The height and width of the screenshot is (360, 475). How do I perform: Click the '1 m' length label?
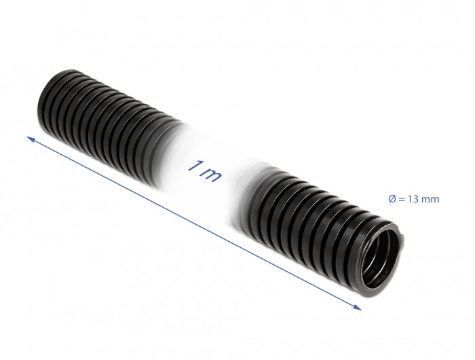203,170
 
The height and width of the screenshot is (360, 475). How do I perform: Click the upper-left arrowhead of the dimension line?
30,139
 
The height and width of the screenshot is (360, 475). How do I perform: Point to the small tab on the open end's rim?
402,237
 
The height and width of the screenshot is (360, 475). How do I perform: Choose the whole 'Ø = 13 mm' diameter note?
414,199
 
